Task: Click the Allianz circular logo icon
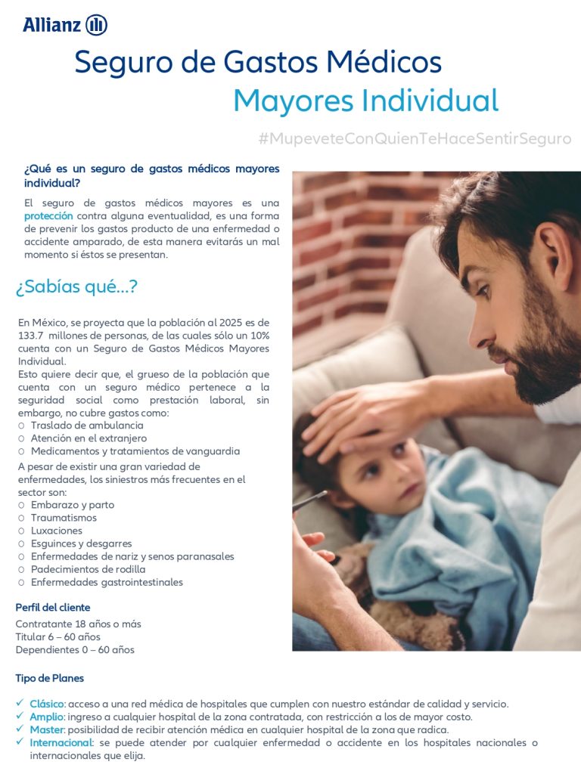(97, 25)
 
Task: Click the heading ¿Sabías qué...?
(76, 287)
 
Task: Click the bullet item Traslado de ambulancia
(87, 426)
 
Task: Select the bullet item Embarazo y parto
(73, 505)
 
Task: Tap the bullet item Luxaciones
(57, 531)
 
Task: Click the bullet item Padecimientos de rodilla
(89, 569)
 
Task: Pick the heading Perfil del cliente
(53, 608)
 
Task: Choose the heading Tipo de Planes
(50, 678)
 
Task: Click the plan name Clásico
(47, 704)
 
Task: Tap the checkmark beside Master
(20, 730)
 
